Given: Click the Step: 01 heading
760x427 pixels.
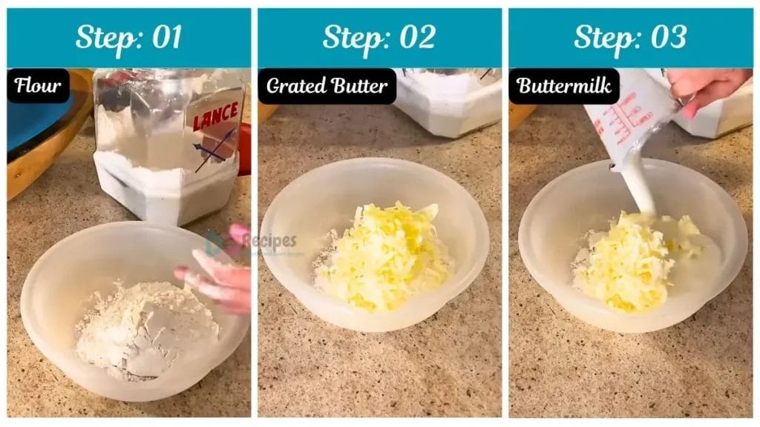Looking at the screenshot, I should [128, 37].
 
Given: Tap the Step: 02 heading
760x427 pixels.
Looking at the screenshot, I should [379, 37].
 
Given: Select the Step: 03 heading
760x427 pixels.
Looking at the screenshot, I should [630, 37].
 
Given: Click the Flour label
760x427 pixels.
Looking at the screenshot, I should [39, 85].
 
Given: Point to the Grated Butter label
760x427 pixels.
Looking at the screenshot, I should [327, 86].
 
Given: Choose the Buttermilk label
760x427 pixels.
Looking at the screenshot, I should [564, 86].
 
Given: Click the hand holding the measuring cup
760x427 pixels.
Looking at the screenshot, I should [709, 87].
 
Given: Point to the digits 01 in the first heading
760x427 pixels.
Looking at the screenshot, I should [165, 37].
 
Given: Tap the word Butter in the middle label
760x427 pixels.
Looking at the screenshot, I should [360, 86].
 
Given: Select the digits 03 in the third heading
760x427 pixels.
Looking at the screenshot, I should [669, 37].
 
